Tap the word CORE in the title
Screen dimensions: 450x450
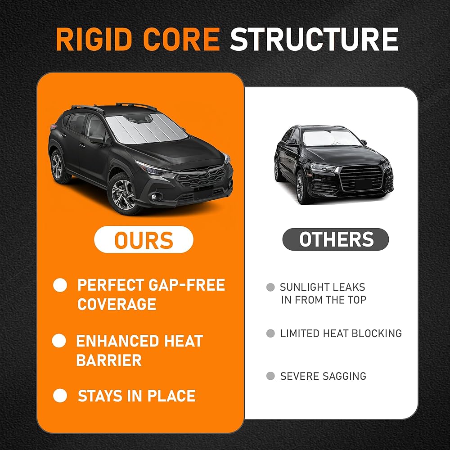181,39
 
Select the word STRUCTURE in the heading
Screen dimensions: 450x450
314,39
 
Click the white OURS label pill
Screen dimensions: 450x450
144,239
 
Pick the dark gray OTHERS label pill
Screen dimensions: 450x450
336,239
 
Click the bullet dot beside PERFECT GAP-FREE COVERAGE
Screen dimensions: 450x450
60,285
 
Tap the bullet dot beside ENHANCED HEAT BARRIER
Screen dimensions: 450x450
59,341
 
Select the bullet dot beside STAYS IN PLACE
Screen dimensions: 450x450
60,396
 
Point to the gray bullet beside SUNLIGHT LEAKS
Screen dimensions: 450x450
270,287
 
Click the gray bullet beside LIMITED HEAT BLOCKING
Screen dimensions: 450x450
270,333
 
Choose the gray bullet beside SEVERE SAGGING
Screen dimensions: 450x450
270,376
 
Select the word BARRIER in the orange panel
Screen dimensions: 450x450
109,360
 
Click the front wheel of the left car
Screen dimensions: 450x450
123,194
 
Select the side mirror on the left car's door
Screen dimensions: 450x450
97,139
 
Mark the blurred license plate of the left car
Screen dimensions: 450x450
203,193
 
